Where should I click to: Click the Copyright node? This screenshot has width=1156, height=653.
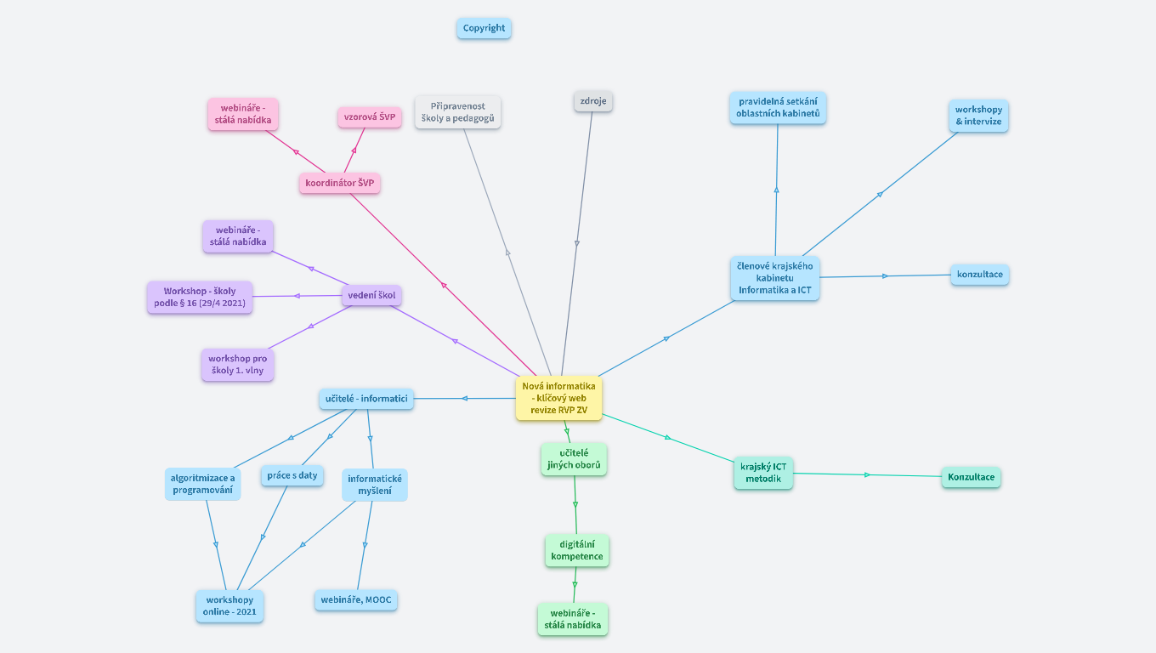point(484,28)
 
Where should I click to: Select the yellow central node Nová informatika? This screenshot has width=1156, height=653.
point(558,398)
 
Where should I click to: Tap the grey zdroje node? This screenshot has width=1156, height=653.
point(593,101)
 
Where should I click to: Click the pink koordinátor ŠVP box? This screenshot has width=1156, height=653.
point(339,183)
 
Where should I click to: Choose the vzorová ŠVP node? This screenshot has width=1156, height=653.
point(369,117)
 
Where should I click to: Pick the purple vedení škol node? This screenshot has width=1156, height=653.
point(372,296)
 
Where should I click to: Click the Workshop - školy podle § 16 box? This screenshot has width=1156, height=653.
point(200,297)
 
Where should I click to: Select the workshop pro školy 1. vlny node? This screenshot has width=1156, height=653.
point(237,364)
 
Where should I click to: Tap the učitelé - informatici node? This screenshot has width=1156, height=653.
point(366,399)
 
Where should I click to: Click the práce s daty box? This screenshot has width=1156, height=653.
point(292,475)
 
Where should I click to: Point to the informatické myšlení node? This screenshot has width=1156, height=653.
point(375,485)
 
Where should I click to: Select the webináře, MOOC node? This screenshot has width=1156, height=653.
point(356,600)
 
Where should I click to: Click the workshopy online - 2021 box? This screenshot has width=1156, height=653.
point(229,605)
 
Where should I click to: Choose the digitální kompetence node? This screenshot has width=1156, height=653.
point(577,550)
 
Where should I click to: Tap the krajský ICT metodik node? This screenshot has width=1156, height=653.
point(763,473)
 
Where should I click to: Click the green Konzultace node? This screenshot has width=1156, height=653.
point(971,477)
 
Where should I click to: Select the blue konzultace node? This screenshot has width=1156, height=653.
point(979,275)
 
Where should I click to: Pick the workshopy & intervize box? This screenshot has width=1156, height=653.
point(978,116)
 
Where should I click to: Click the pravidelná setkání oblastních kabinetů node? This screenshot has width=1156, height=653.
point(778,108)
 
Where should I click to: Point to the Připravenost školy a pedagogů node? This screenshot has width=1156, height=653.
point(457,112)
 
